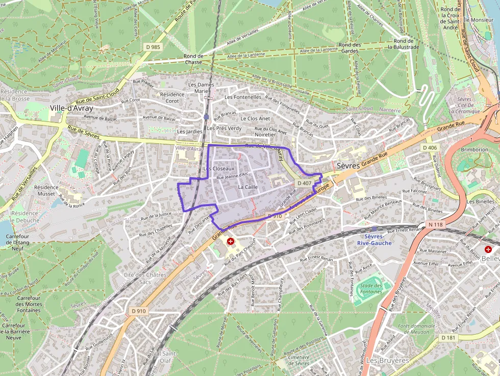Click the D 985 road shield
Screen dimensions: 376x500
click(x=153, y=47)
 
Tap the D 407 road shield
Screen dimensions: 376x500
click(x=304, y=183)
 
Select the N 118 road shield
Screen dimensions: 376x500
click(x=435, y=224)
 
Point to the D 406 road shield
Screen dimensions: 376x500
click(x=430, y=148)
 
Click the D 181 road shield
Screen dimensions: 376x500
click(x=448, y=337)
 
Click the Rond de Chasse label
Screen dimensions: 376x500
click(x=193, y=59)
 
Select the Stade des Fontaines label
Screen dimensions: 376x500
click(x=370, y=289)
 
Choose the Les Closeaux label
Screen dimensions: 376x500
click(x=218, y=168)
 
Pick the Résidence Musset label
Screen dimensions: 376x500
click(x=46, y=190)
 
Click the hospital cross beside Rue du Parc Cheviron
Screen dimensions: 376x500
click(x=231, y=241)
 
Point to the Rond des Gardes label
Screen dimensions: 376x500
click(x=349, y=47)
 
